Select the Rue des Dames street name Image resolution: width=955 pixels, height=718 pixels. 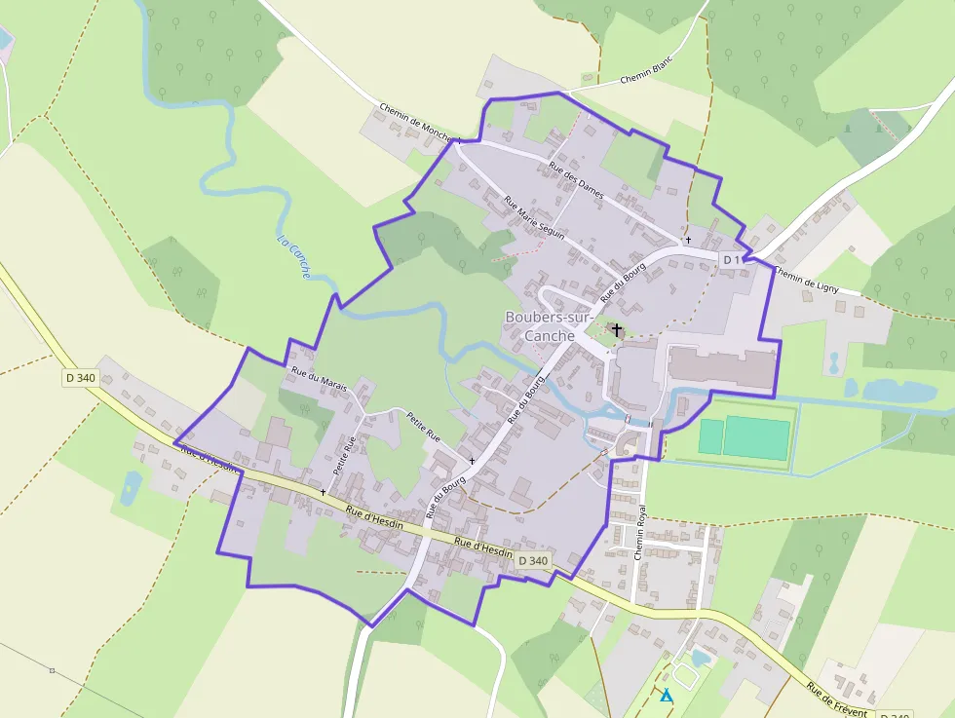click(x=576, y=180)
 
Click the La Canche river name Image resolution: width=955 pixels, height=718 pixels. click(x=293, y=257)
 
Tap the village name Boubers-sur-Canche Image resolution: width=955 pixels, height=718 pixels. click(x=538, y=326)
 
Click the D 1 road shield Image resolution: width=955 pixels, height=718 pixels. click(x=732, y=259)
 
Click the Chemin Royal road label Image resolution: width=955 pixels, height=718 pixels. click(x=640, y=531)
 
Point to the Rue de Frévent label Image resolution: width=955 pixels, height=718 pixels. click(x=836, y=699)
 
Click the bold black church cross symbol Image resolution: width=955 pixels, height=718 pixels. click(x=618, y=330)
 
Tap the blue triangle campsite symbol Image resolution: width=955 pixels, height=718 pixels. click(x=667, y=696)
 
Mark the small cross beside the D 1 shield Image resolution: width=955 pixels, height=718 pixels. click(x=688, y=240)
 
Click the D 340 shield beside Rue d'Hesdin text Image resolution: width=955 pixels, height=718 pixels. click(x=533, y=560)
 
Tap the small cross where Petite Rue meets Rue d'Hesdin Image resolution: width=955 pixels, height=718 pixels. click(x=323, y=492)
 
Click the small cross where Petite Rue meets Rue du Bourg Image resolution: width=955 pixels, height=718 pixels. click(x=472, y=460)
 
